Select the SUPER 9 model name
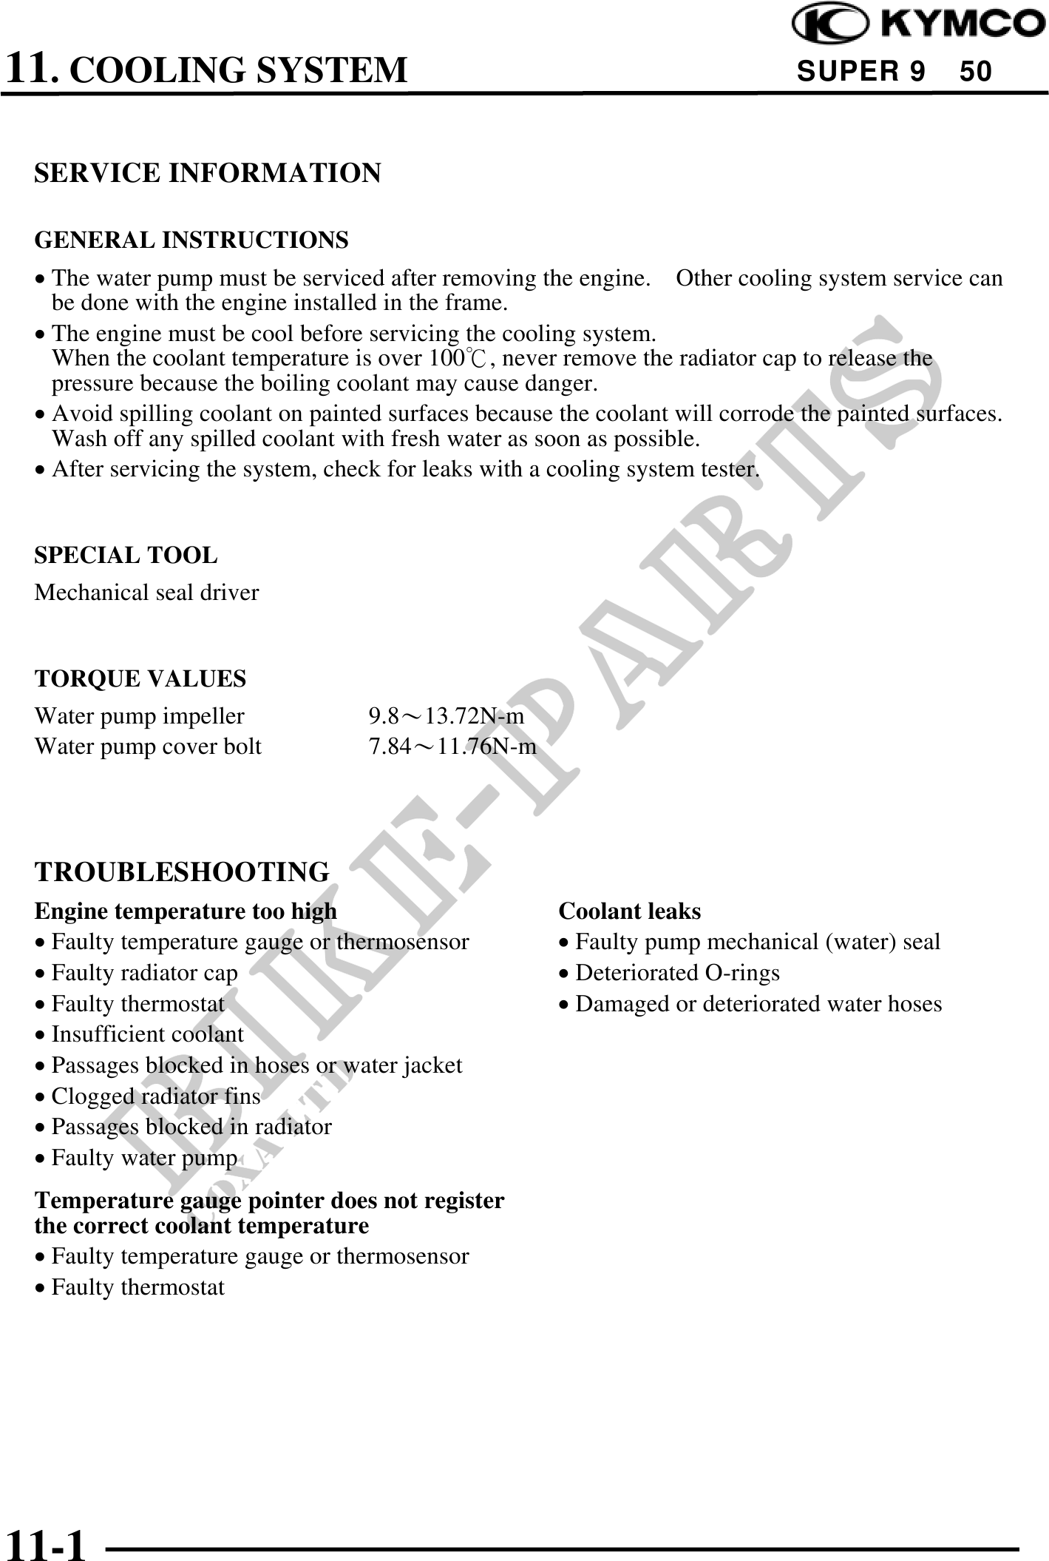pos(861,71)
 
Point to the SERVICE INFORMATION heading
pos(208,172)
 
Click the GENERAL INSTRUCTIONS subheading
pos(191,240)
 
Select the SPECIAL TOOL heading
pos(126,555)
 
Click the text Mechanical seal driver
pos(147,593)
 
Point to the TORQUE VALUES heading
pos(140,678)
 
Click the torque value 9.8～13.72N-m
pos(447,716)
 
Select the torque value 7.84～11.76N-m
pos(452,747)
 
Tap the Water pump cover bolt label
pos(148,747)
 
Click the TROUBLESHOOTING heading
pos(182,871)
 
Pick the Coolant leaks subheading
pos(630,911)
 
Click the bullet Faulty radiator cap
pos(144,973)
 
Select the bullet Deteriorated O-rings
pos(677,973)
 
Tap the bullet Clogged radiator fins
pos(155,1096)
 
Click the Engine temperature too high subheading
pos(186,911)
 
